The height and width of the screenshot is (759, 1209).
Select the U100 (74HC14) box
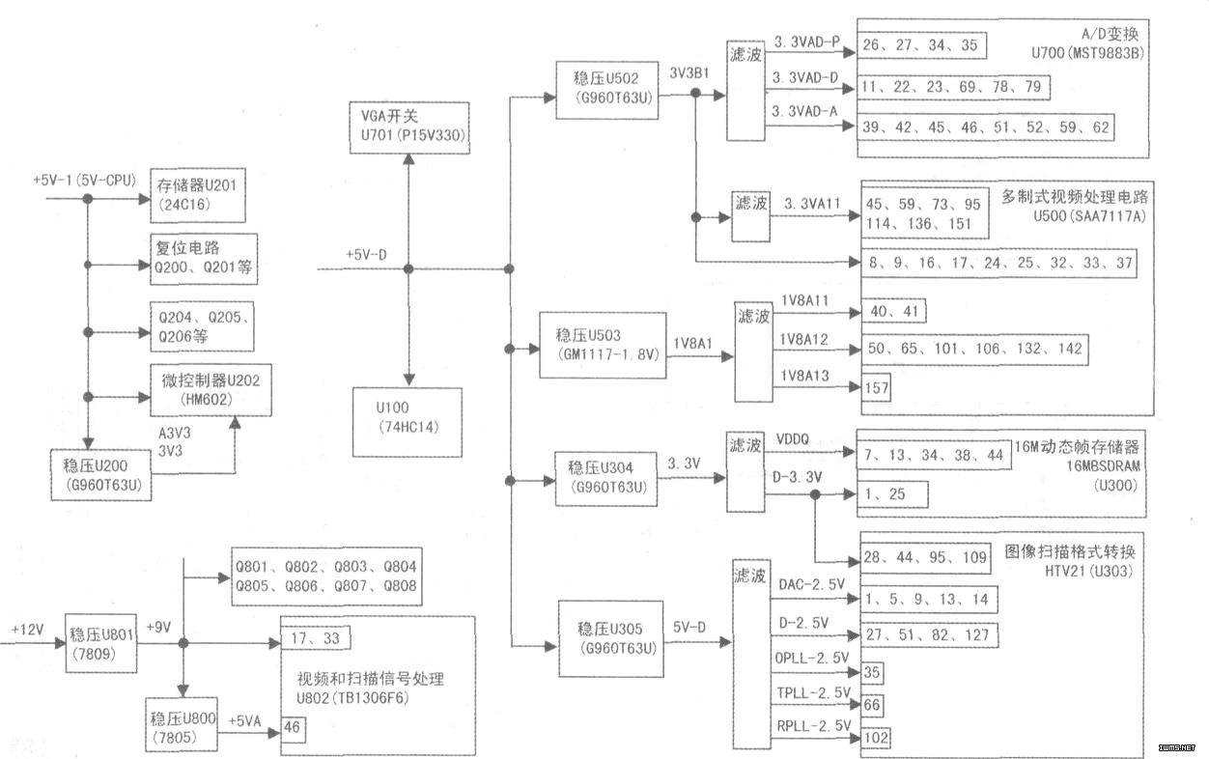408,422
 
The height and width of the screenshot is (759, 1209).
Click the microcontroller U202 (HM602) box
205,388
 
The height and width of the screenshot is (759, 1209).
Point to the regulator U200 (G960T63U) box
101,474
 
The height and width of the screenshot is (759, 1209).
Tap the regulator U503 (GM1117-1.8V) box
606,345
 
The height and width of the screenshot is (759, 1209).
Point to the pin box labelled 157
877,387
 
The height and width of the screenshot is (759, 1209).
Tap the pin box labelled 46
293,727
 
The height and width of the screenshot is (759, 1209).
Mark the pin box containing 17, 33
316,637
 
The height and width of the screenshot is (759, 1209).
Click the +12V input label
29,629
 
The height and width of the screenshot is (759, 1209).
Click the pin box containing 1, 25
893,494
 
